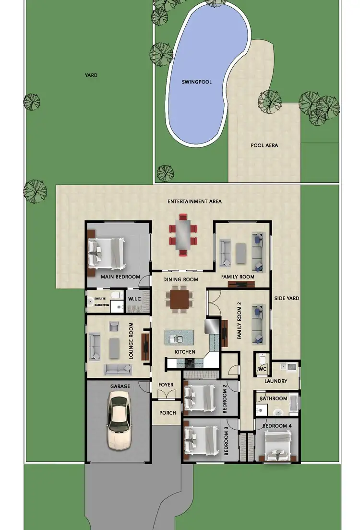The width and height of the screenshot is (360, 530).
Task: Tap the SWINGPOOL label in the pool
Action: click(196, 82)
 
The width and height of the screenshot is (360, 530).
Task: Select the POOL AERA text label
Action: click(264, 145)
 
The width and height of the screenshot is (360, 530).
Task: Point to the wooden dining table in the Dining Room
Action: click(180, 299)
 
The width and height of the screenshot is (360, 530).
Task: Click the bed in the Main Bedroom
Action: click(107, 253)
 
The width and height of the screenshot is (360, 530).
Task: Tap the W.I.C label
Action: click(134, 300)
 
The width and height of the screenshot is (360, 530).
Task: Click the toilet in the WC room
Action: click(262, 359)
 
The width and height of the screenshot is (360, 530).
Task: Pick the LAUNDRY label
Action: click(276, 381)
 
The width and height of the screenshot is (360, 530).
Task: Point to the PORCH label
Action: click(168, 413)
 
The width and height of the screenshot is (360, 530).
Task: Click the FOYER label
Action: click(166, 385)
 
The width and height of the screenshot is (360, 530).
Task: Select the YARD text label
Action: click(91, 75)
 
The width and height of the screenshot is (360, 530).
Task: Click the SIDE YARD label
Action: click(287, 299)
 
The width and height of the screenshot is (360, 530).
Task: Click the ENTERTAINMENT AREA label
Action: click(194, 202)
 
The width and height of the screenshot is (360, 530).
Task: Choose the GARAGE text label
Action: click(120, 385)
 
